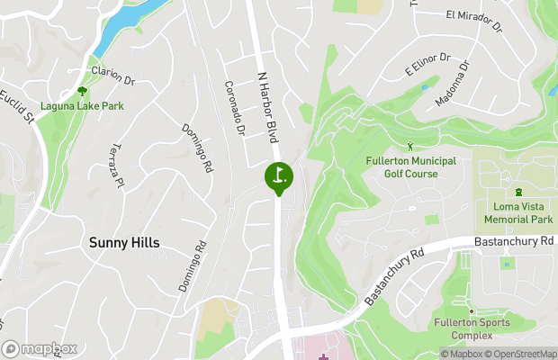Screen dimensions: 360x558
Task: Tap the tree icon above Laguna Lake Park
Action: (83, 91)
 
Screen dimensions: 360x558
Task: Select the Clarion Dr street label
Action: (112, 75)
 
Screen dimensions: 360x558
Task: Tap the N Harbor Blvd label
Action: (268, 108)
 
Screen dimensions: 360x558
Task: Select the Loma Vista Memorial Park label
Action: (517, 213)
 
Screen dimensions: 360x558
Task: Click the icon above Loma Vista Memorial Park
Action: (518, 192)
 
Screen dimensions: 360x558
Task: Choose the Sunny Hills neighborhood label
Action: (124, 242)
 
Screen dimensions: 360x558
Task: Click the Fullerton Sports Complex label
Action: (472, 328)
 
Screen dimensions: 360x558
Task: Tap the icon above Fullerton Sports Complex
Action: (471, 310)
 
